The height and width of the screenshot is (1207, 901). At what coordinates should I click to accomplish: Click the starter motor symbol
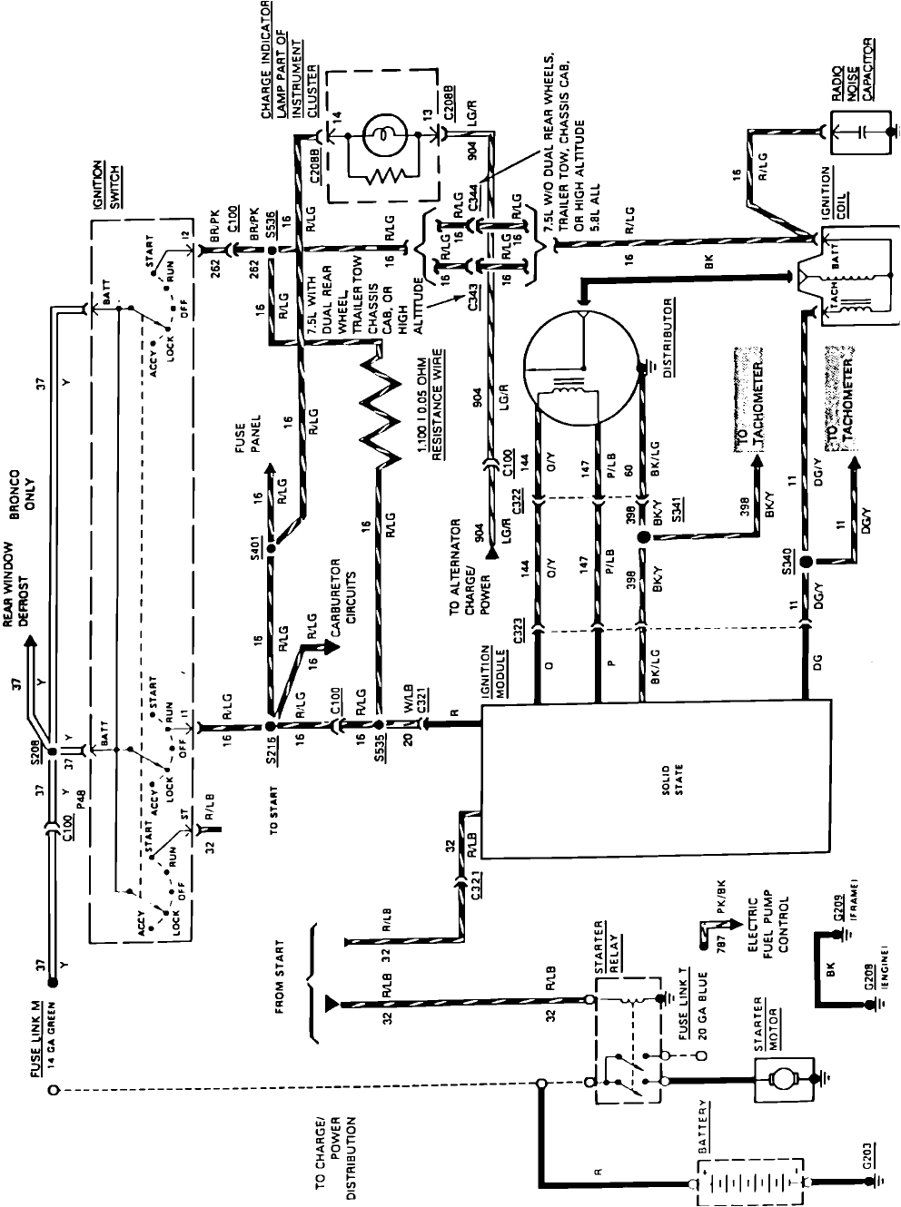click(x=780, y=1079)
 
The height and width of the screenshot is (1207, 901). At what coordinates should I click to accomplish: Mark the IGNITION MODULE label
click(x=493, y=671)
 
